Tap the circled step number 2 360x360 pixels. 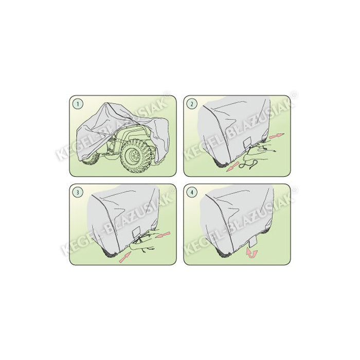tap(192, 104)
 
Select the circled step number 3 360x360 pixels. tap(78, 193)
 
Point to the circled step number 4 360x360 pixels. tap(192, 193)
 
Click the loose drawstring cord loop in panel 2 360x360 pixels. tap(254, 165)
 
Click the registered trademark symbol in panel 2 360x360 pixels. tap(295, 94)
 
